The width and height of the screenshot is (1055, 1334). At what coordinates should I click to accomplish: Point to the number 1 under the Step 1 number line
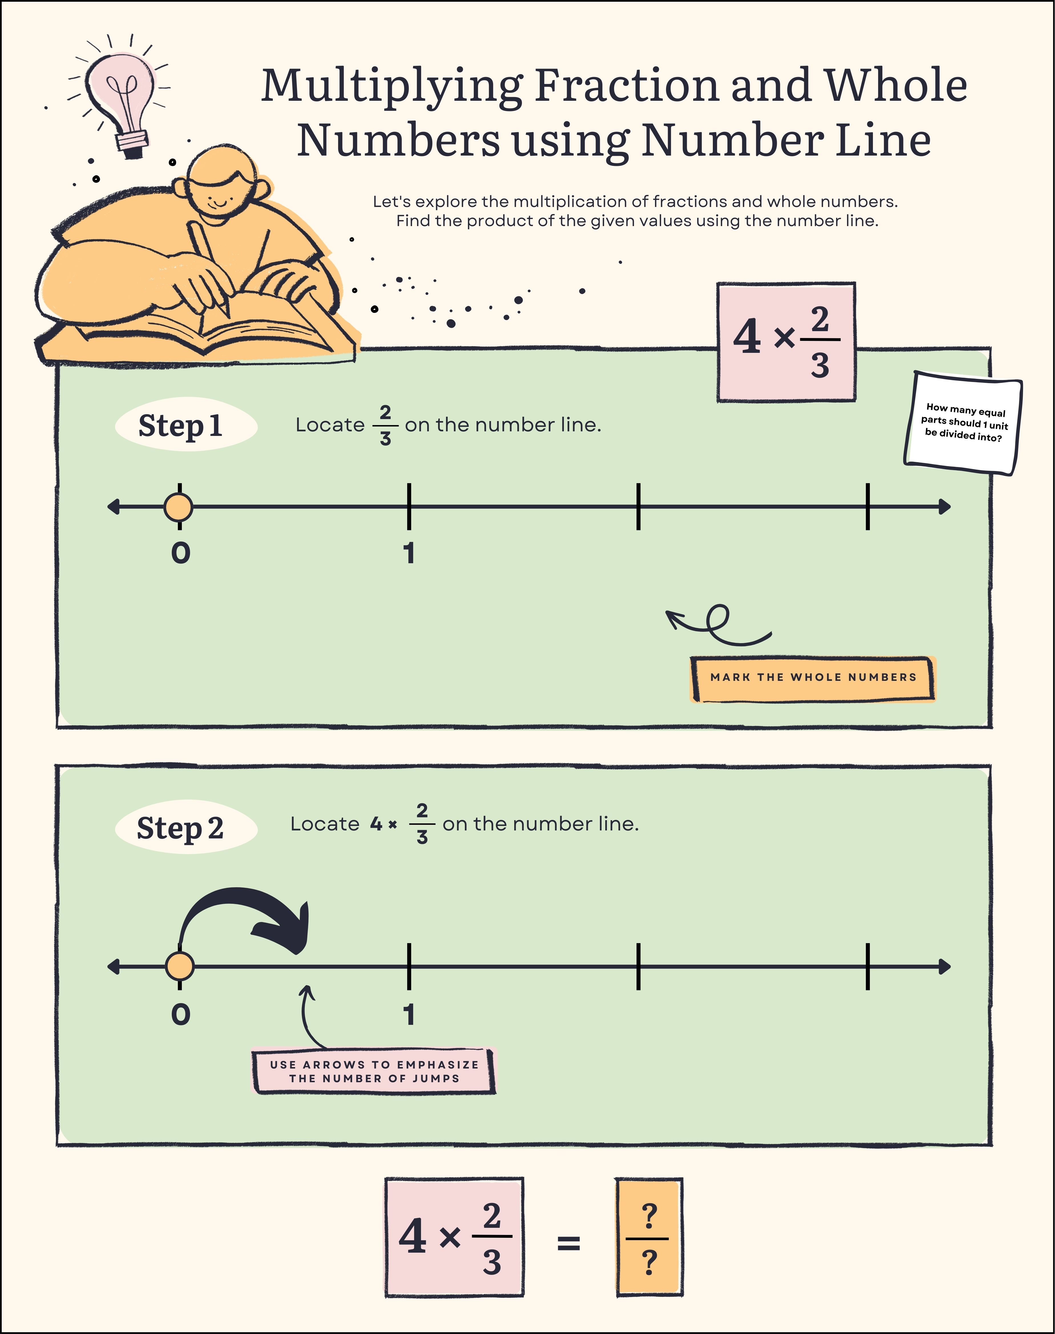[x=409, y=553]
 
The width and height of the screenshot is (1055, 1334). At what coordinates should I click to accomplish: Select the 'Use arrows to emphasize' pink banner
[x=374, y=1071]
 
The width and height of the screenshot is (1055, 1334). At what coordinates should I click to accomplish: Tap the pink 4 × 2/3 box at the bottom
[x=455, y=1237]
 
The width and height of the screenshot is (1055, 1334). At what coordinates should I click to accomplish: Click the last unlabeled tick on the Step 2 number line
[x=868, y=966]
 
